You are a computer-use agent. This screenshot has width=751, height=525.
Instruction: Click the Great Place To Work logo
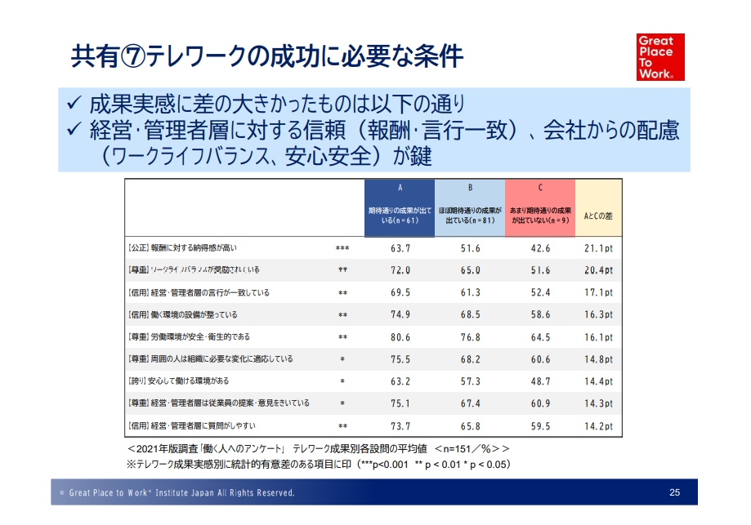tap(660, 56)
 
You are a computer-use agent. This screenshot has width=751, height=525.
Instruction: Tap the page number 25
tap(673, 492)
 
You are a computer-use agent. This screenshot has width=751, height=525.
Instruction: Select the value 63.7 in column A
tap(400, 248)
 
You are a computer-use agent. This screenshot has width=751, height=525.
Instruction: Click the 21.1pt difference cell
tap(598, 248)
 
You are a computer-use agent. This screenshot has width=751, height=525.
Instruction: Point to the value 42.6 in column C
tap(540, 248)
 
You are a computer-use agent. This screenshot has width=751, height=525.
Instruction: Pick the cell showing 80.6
tap(400, 336)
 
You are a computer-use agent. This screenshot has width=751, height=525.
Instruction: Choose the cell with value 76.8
tap(470, 336)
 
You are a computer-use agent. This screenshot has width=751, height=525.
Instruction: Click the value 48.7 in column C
tap(540, 381)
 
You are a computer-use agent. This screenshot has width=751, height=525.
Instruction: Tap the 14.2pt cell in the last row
tap(598, 425)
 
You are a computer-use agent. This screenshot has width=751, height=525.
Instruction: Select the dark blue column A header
tap(400, 208)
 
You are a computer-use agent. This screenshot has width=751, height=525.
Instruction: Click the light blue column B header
tap(470, 208)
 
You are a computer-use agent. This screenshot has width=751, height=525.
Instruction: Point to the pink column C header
tap(540, 208)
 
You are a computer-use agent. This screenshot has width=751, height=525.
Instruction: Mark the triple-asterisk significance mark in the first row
tap(342, 248)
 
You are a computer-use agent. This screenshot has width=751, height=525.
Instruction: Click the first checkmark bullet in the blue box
tap(74, 105)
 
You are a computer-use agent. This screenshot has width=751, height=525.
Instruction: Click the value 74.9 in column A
tap(400, 314)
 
